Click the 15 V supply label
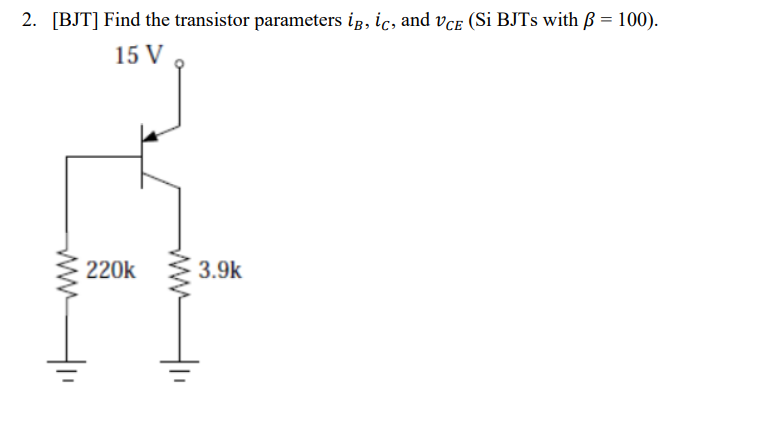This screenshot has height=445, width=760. pos(138,56)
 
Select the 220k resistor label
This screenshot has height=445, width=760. pos(110,270)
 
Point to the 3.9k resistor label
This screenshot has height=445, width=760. pos(219,270)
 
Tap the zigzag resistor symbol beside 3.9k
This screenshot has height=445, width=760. pos(181,272)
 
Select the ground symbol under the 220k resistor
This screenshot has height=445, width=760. pos(68,375)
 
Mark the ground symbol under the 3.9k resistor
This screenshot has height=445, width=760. pos(181,375)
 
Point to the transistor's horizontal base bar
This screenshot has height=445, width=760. pos(140,155)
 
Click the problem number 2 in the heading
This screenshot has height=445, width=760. pos(27,21)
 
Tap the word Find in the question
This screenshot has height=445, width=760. pos(134,21)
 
